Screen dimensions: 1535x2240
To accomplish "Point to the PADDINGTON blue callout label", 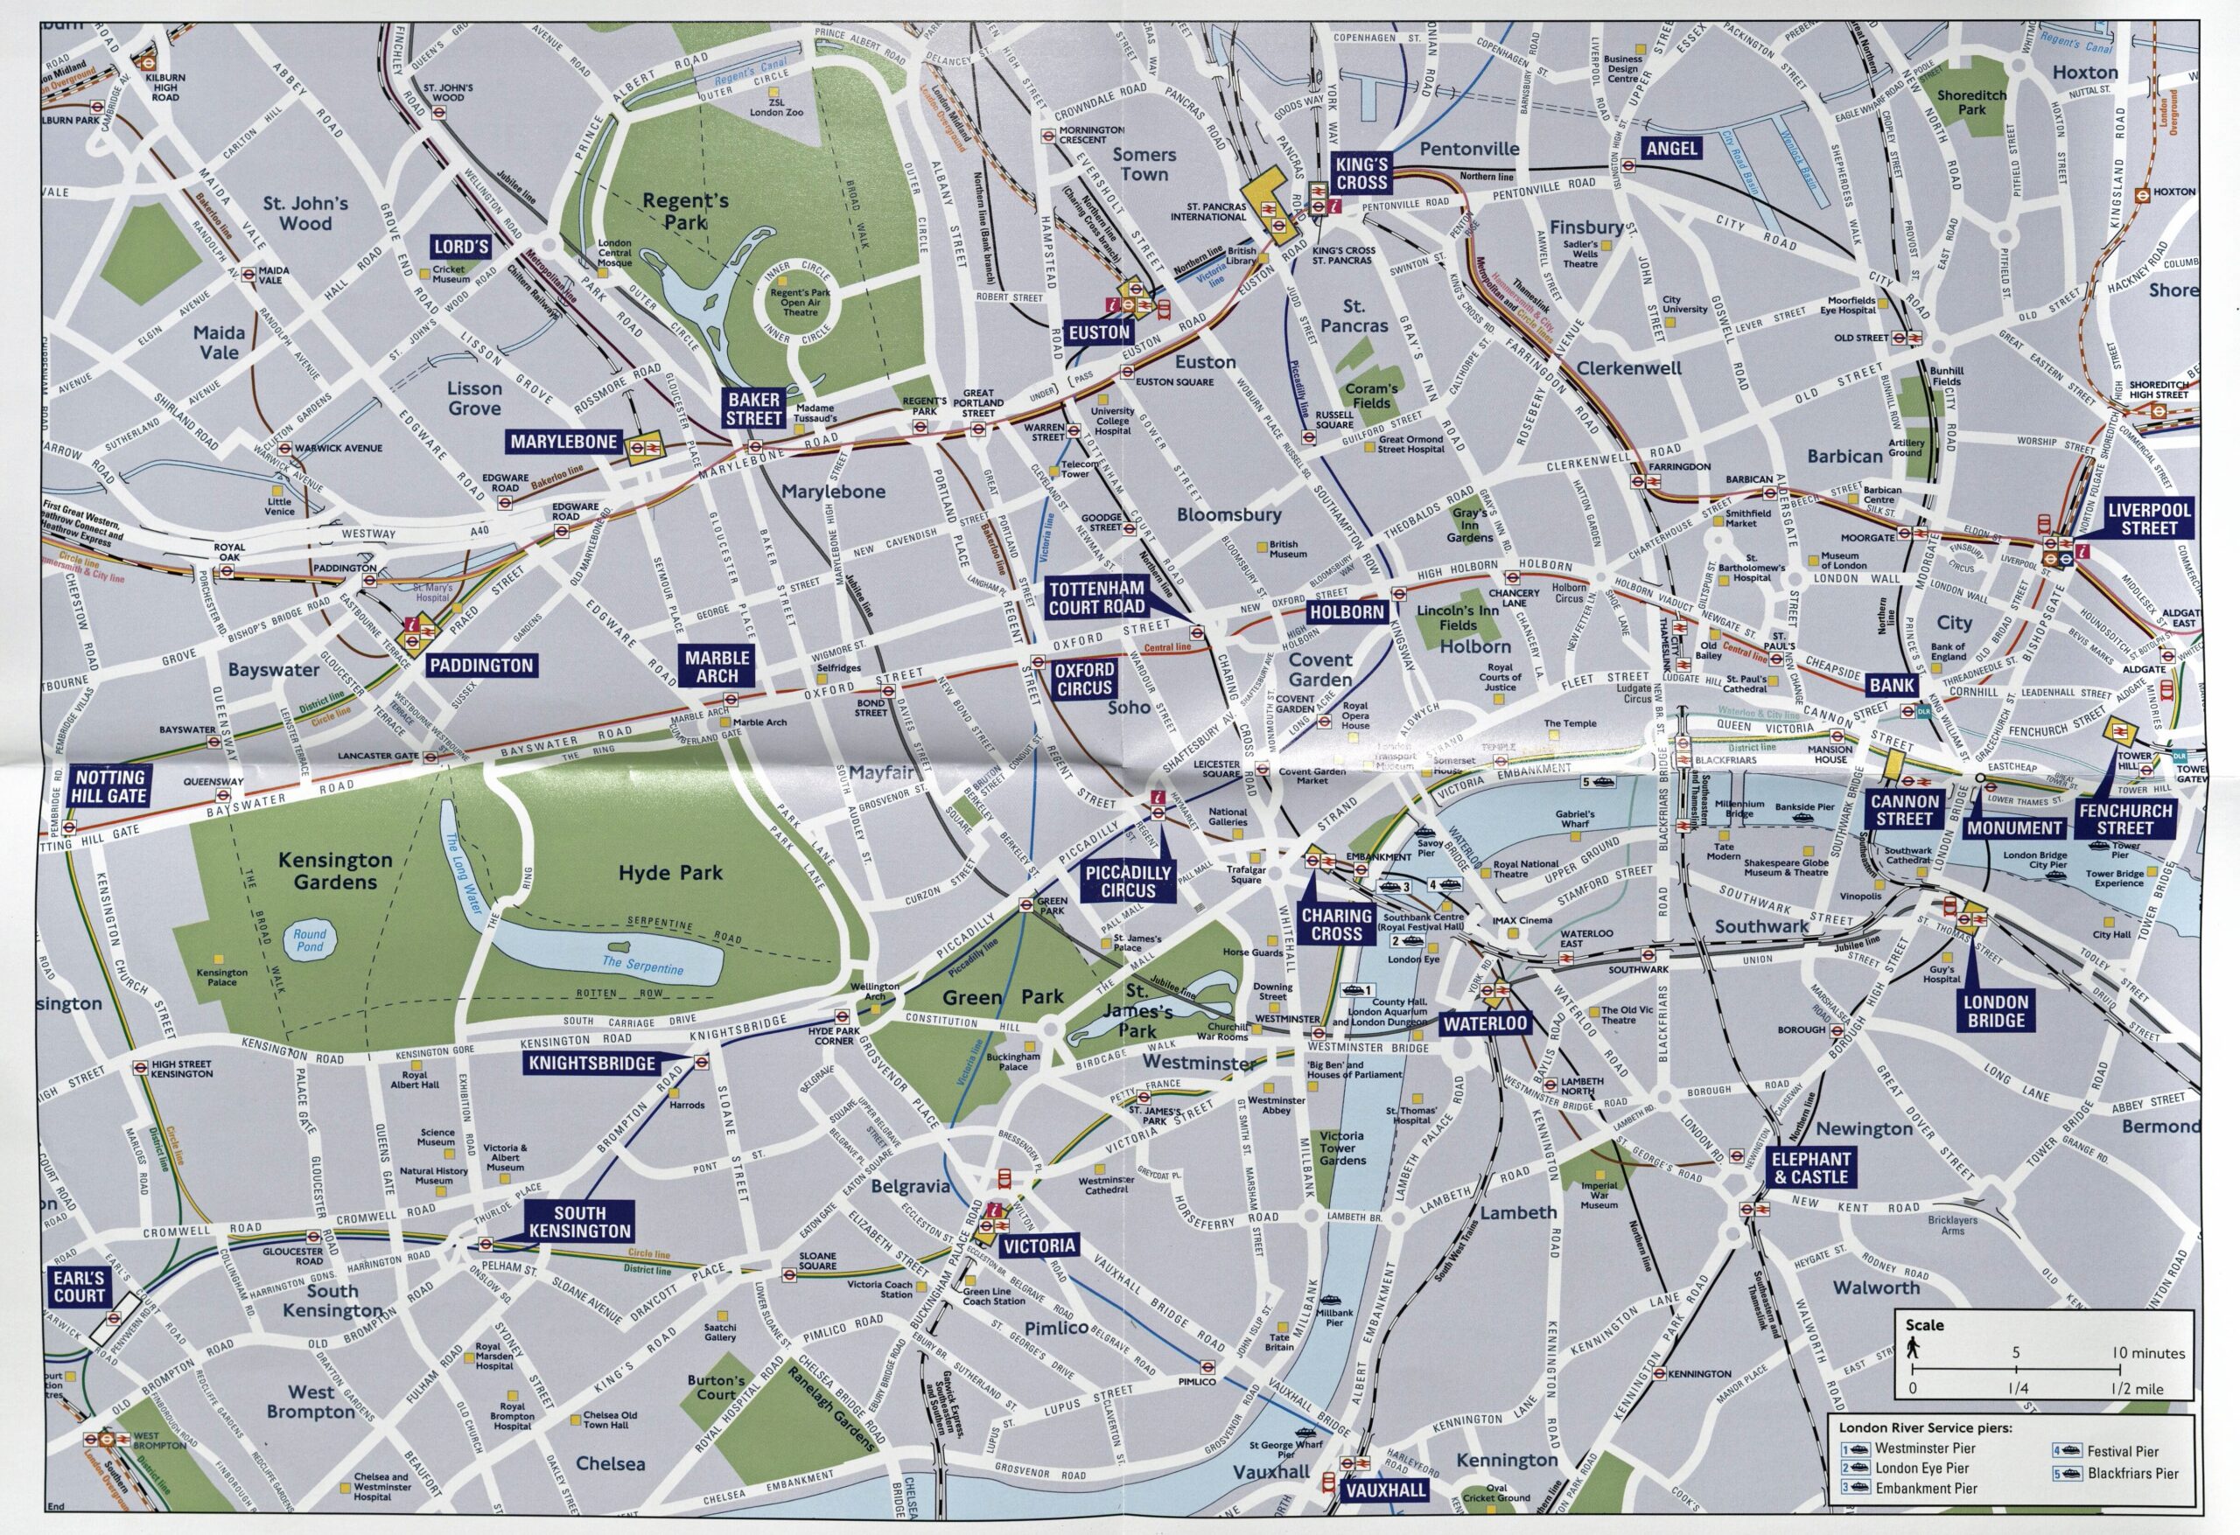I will [x=481, y=665].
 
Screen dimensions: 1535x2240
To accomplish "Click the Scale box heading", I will [x=1925, y=1325].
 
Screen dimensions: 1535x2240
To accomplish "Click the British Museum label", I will [x=1288, y=549].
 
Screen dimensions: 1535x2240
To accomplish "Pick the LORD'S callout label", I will [x=461, y=248].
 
